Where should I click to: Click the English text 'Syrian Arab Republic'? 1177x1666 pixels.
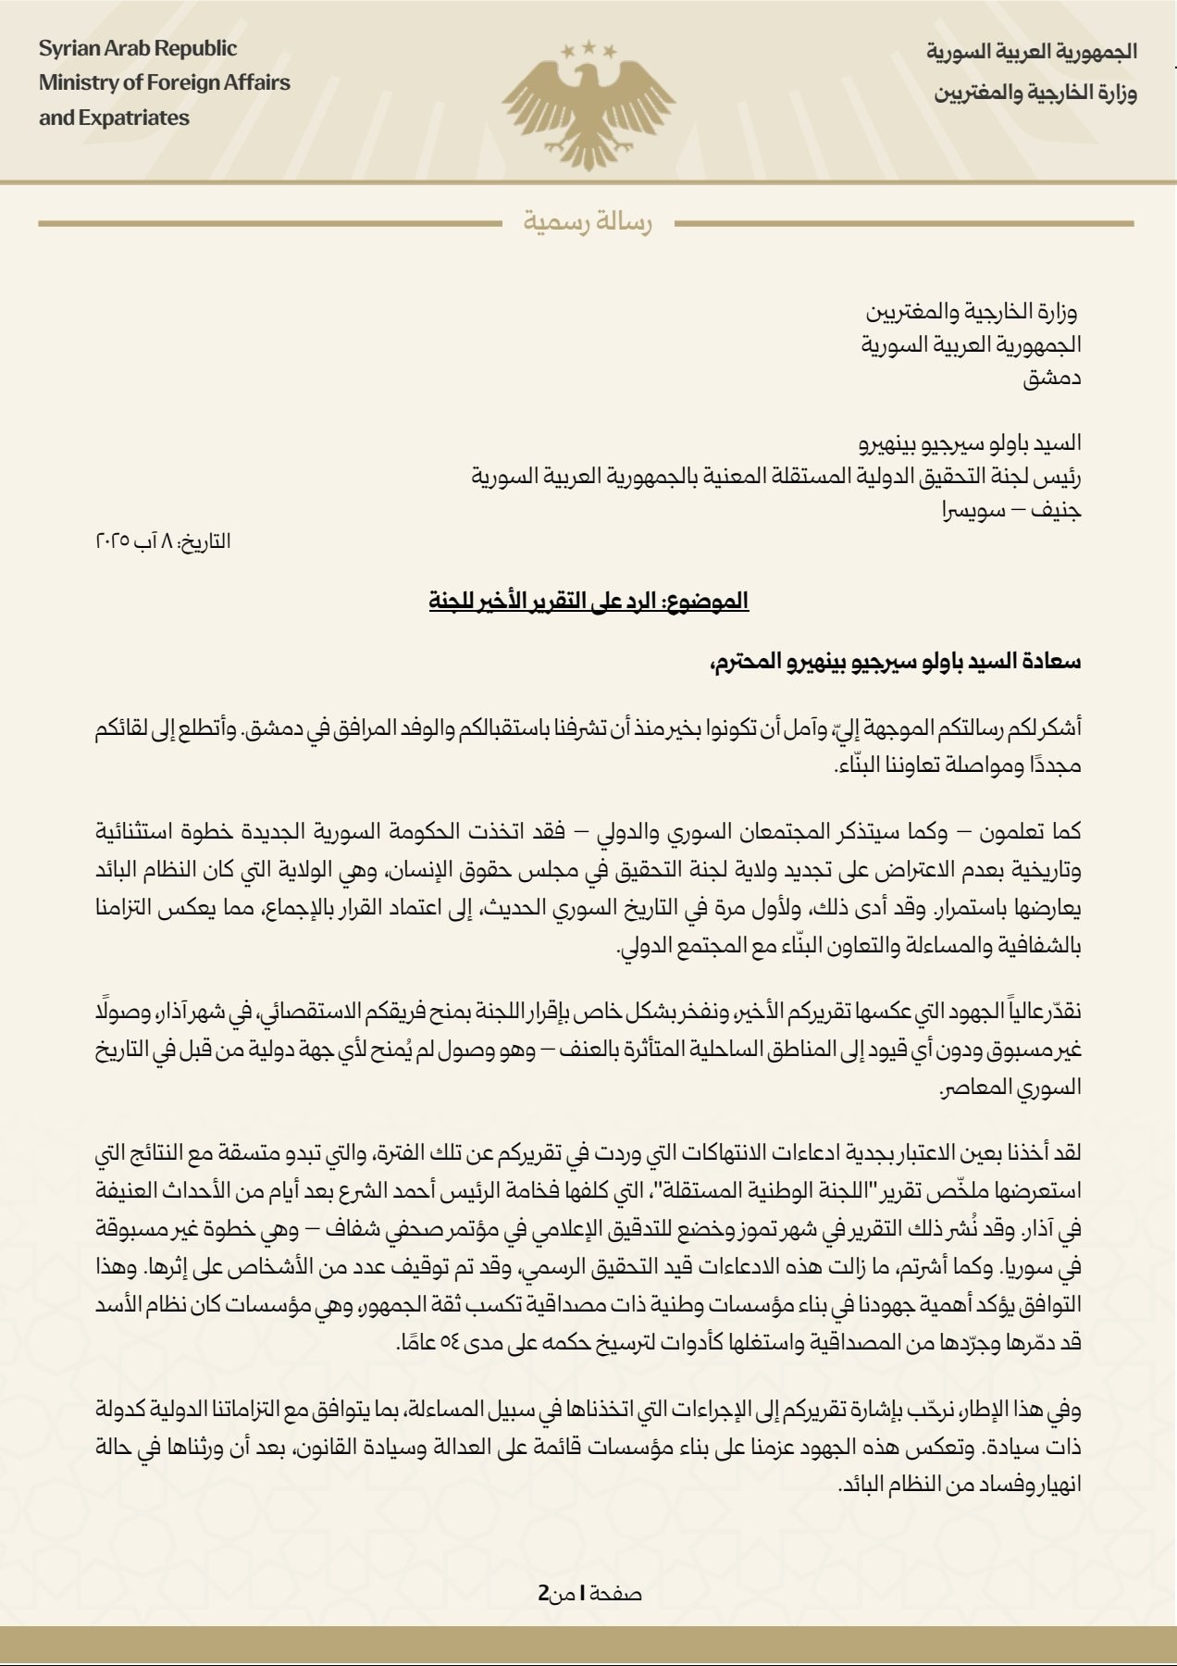click(138, 49)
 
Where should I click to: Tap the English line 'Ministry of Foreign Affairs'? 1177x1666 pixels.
click(165, 83)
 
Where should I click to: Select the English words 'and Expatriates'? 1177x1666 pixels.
click(114, 118)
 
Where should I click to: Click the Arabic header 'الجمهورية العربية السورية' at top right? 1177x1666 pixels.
click(1032, 51)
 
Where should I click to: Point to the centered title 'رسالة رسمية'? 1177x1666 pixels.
click(588, 223)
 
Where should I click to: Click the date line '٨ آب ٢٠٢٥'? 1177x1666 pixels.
click(163, 541)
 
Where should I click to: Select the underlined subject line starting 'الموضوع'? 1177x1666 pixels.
click(588, 601)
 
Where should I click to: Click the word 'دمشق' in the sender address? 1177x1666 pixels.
click(1052, 378)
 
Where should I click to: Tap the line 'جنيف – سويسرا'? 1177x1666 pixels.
click(1012, 510)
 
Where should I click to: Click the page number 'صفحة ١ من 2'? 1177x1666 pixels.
click(590, 1593)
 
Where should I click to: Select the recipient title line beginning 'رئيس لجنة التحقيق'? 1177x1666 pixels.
click(776, 478)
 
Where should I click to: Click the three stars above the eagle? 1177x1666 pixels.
click(588, 47)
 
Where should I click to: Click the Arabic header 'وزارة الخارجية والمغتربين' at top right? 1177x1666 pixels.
click(1035, 93)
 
